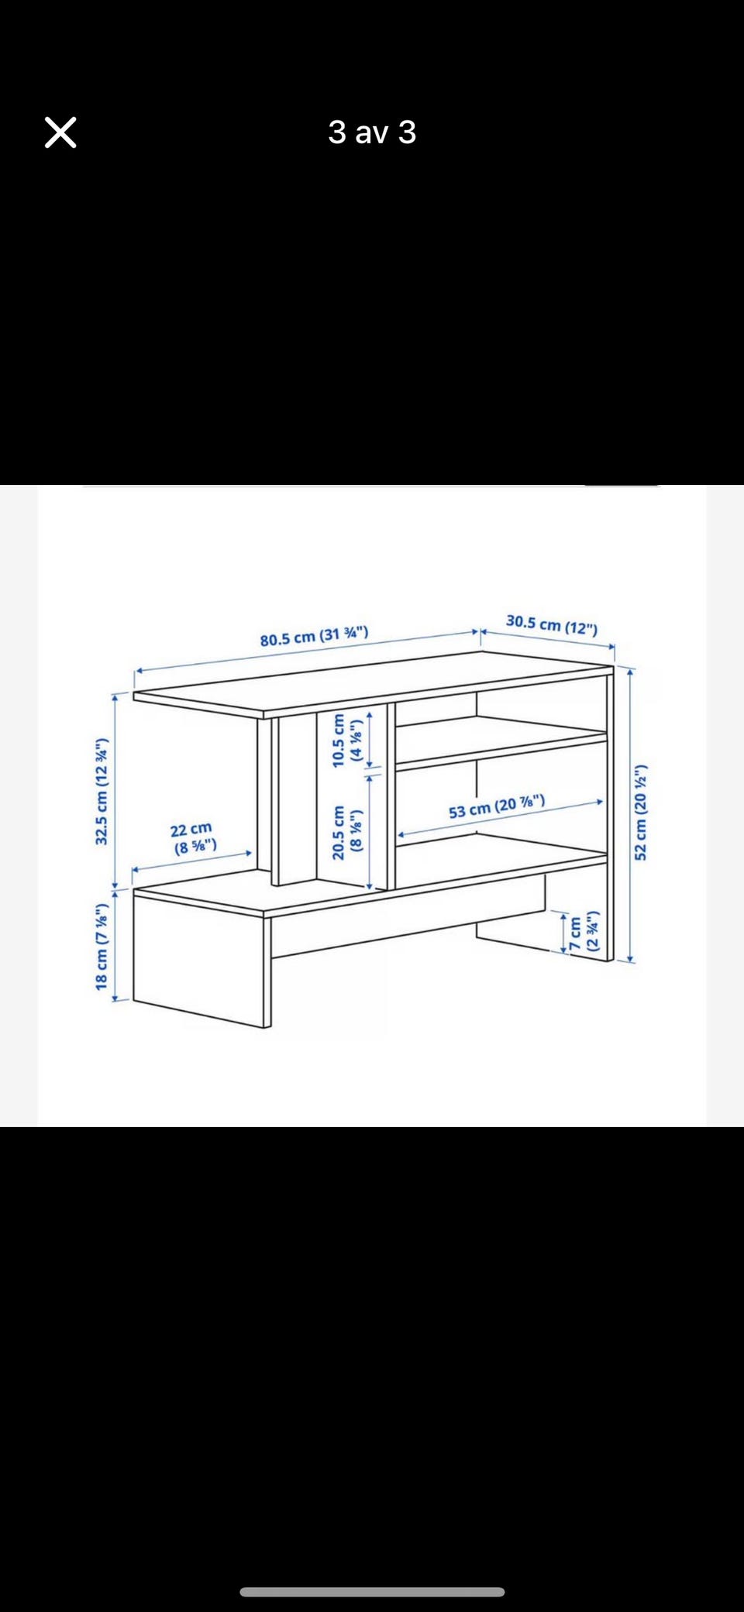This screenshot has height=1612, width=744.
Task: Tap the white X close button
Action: [x=60, y=132]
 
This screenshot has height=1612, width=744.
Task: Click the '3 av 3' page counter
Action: [x=372, y=132]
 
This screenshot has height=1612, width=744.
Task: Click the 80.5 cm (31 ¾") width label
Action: [x=314, y=636]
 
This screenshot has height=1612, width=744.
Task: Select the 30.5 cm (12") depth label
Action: [x=552, y=624]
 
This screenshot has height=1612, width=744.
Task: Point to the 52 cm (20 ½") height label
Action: [x=640, y=812]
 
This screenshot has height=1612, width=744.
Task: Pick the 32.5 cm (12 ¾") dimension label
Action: [x=102, y=791]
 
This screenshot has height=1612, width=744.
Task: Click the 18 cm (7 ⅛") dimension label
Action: [x=102, y=947]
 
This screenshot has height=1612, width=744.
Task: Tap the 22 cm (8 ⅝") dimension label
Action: [x=192, y=837]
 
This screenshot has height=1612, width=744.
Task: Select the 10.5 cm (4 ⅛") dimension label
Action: [x=346, y=741]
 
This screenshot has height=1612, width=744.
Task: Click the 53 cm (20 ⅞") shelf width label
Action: [x=497, y=806]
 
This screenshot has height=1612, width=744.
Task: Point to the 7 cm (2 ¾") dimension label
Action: [x=584, y=933]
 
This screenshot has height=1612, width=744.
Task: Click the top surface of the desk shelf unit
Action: [x=372, y=682]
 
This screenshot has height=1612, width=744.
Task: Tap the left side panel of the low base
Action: [x=201, y=960]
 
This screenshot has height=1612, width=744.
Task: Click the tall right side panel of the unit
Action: [x=610, y=813]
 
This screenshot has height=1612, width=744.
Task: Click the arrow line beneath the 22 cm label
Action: [x=192, y=861]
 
